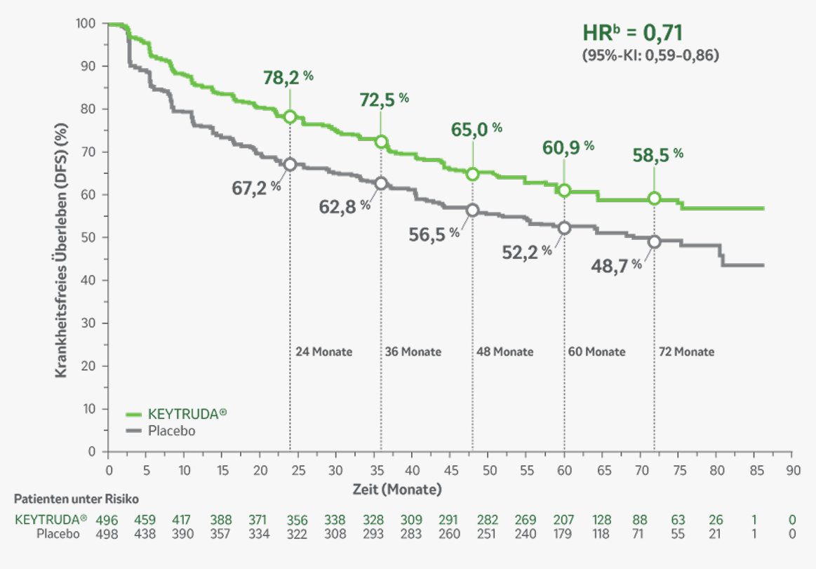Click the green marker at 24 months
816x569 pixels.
[290, 116]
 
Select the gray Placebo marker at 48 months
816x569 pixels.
[472, 210]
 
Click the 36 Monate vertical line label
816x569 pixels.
[413, 352]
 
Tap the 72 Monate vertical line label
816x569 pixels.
[685, 352]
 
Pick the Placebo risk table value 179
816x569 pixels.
[564, 534]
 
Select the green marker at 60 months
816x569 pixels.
[564, 190]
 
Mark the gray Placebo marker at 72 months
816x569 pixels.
[655, 241]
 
